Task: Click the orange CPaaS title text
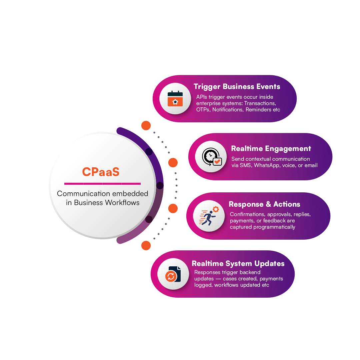[x=101, y=172]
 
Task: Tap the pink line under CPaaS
[x=102, y=183]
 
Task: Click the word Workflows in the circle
[x=122, y=203]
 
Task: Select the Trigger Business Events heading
[x=237, y=87]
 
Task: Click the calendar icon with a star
[x=175, y=98]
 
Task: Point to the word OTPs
[x=203, y=110]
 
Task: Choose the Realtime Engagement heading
[x=271, y=149]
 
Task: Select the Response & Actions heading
[x=264, y=204]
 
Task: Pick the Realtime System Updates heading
[x=238, y=264]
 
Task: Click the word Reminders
[x=259, y=110]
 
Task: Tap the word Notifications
[x=228, y=110]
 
